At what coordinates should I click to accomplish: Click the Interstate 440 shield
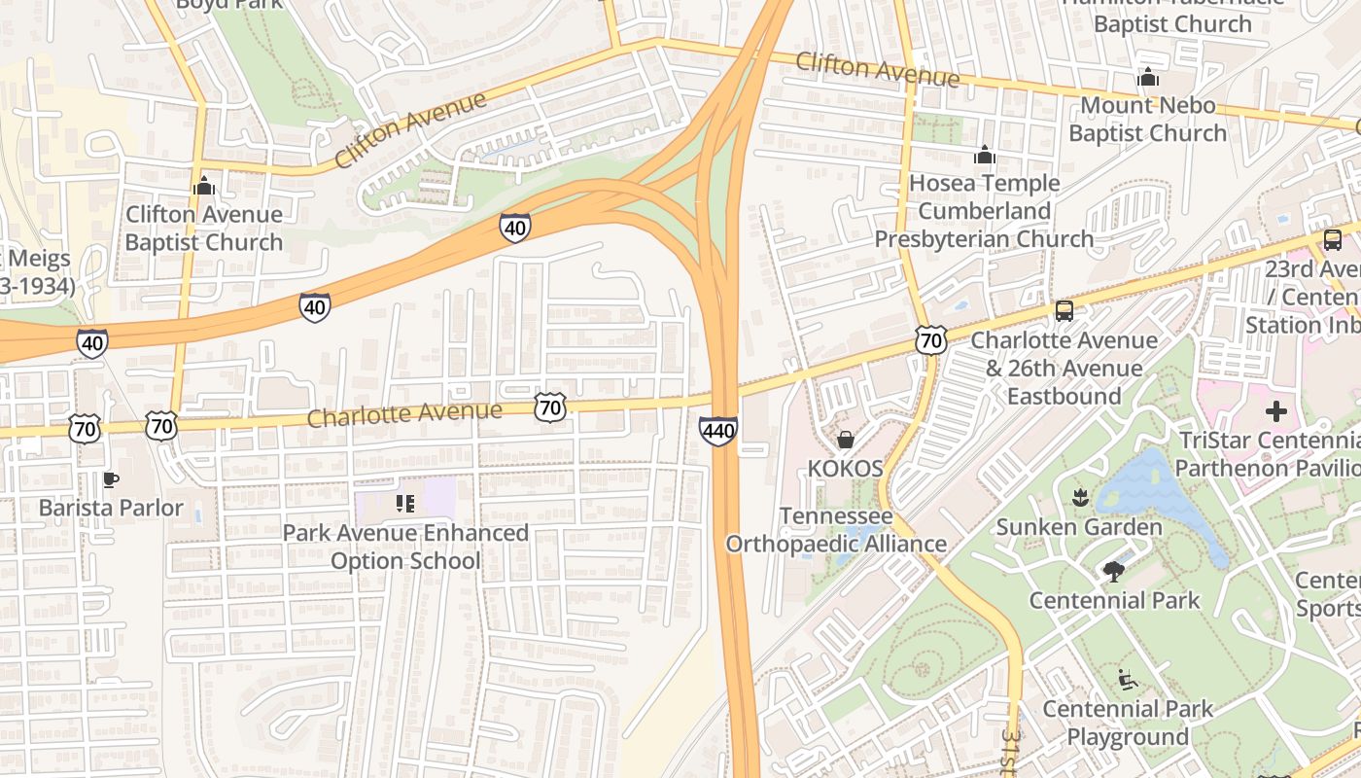pyautogui.click(x=717, y=430)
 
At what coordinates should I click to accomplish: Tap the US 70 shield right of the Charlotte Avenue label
pyautogui.click(x=550, y=407)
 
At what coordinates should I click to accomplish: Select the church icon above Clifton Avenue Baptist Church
pyautogui.click(x=204, y=185)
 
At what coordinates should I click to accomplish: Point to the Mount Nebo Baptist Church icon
pyautogui.click(x=1147, y=77)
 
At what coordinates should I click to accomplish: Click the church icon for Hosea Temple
pyautogui.click(x=984, y=155)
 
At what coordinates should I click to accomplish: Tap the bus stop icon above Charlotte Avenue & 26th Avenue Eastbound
pyautogui.click(x=1064, y=311)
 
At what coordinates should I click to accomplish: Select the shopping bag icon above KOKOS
pyautogui.click(x=845, y=440)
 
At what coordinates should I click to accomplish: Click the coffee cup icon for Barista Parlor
pyautogui.click(x=111, y=478)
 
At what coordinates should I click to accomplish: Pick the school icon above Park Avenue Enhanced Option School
pyautogui.click(x=405, y=504)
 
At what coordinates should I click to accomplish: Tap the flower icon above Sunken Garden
pyautogui.click(x=1078, y=499)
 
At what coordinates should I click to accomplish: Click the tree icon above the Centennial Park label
pyautogui.click(x=1114, y=572)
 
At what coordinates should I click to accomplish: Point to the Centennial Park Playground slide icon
pyautogui.click(x=1128, y=680)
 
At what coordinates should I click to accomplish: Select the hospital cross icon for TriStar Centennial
pyautogui.click(x=1275, y=411)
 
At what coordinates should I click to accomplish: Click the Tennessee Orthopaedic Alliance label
pyautogui.click(x=836, y=529)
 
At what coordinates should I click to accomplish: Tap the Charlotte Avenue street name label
pyautogui.click(x=404, y=413)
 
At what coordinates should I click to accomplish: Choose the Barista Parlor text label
pyautogui.click(x=111, y=508)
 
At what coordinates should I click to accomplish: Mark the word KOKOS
pyautogui.click(x=845, y=469)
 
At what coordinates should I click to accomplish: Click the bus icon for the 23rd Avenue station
pyautogui.click(x=1332, y=239)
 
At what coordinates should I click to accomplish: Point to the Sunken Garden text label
pyautogui.click(x=1078, y=527)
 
